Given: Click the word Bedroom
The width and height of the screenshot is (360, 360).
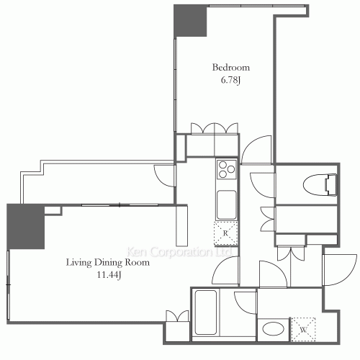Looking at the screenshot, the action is tap(231, 68).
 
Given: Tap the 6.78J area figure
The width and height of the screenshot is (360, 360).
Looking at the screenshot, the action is tap(230, 80).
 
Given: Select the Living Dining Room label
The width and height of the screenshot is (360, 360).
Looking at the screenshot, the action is tap(108, 262).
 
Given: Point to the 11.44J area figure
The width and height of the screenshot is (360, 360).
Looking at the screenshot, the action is tap(109, 275).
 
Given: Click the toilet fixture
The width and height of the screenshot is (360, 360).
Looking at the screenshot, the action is tap(320, 185).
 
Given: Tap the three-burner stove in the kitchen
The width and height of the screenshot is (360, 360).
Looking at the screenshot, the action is tap(227, 169).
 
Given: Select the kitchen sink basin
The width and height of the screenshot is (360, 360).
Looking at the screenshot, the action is tap(227, 204).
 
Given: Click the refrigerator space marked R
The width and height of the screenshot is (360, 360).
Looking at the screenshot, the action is tap(225, 233).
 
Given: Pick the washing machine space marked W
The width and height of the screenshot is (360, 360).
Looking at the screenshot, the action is tap(303, 329).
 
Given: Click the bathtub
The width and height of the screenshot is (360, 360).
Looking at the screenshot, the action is tap(206, 312).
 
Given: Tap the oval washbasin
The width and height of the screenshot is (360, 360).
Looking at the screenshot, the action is tap(273, 329).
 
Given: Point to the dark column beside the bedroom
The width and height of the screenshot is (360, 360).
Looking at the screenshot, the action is tap(190, 20).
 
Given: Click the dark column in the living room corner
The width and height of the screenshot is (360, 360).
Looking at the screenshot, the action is tap(25, 226).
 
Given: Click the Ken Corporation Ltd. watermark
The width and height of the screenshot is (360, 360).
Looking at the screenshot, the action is tap(179, 252).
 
